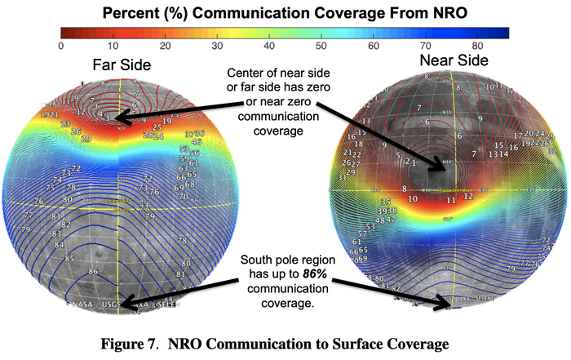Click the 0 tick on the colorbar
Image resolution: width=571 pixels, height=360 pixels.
point(61,46)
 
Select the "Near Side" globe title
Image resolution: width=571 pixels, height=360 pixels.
point(454,61)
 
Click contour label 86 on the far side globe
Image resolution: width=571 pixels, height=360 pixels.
point(93,271)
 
